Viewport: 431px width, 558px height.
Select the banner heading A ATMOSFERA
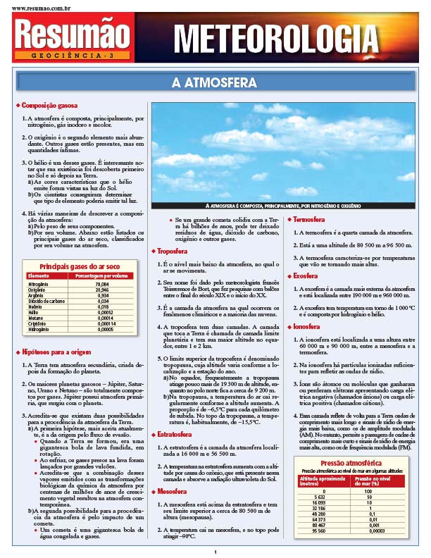pyautogui.click(x=215, y=83)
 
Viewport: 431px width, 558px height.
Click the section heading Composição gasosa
pyautogui.click(x=49, y=106)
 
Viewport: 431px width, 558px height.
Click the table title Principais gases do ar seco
pyautogui.click(x=79, y=266)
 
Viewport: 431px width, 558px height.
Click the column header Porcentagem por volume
pyautogui.click(x=99, y=275)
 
